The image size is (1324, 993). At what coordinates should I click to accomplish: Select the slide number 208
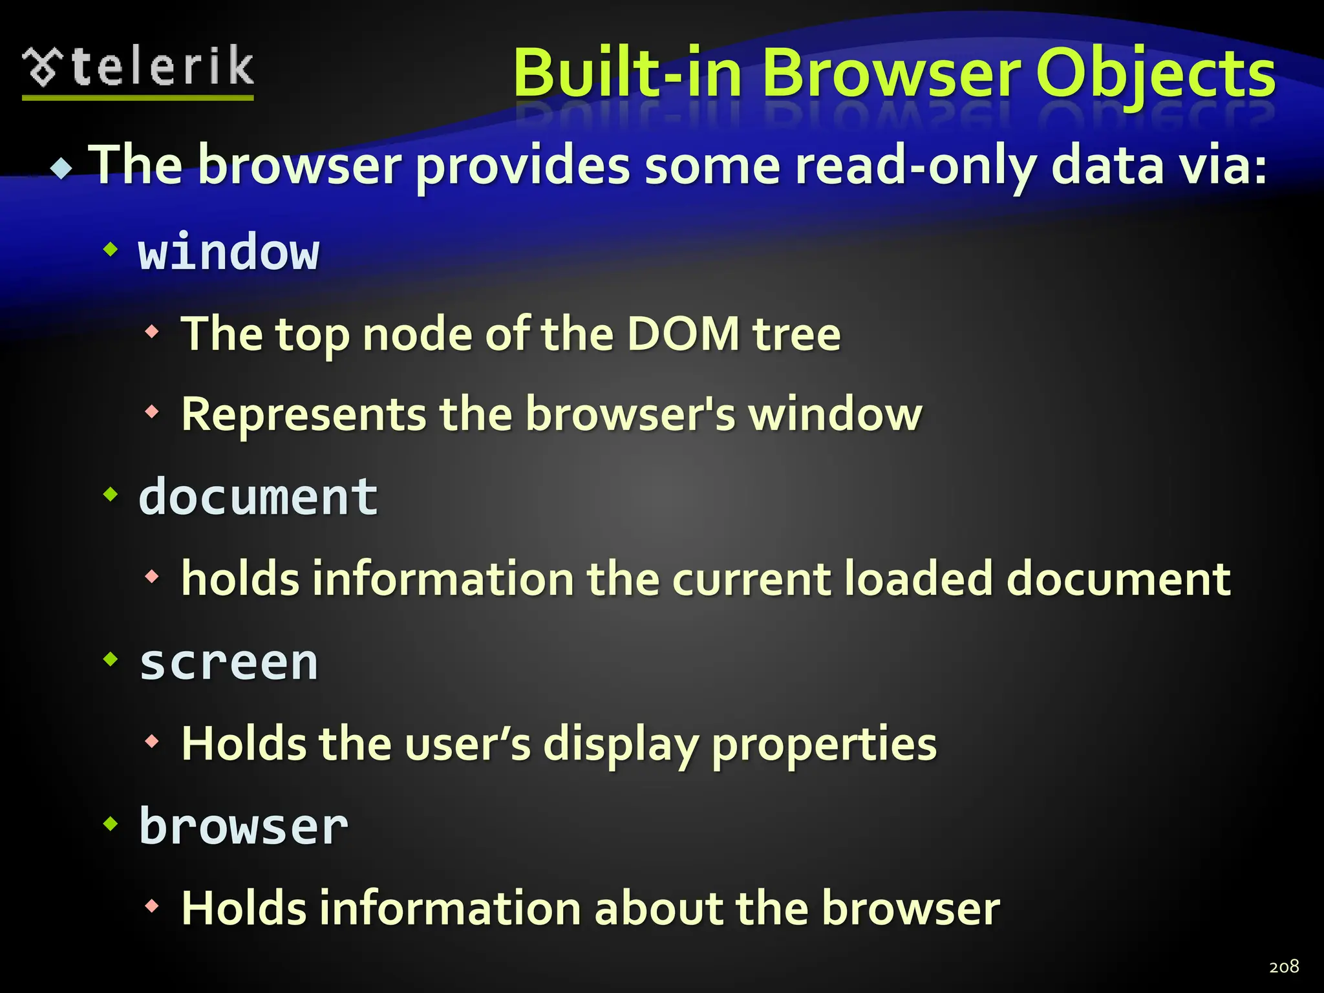coord(1284,966)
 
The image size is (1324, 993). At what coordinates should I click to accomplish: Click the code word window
coord(229,251)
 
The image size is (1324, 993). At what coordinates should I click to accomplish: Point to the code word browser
coord(244,826)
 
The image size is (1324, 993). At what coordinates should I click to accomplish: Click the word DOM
coord(683,334)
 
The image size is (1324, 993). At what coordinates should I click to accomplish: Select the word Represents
coord(304,414)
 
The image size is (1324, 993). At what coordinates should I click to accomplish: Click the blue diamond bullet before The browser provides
coord(62,168)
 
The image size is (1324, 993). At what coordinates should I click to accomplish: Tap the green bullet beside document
coord(111,495)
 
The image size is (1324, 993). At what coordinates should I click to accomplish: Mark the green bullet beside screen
coord(111,659)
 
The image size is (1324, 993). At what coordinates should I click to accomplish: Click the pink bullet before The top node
coord(152,332)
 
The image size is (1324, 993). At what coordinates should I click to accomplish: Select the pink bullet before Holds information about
coord(152,905)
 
